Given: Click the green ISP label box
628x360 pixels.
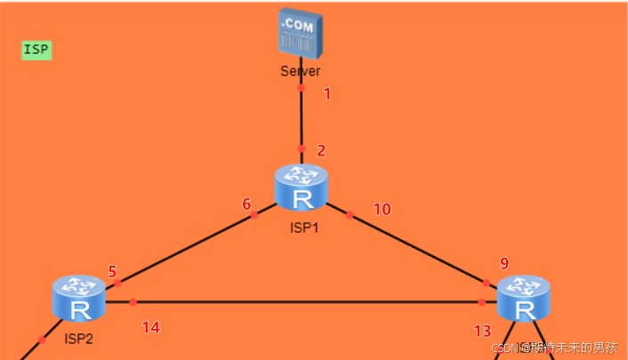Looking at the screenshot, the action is [x=36, y=50].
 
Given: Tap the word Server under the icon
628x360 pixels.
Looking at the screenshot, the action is [x=300, y=71].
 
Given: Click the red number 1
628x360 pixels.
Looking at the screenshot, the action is [x=326, y=93].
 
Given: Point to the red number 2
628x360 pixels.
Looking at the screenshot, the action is [x=321, y=151].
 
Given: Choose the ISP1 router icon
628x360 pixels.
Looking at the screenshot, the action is [x=302, y=187].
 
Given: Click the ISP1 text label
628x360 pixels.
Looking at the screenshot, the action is [x=303, y=228].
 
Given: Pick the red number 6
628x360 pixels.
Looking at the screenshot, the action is [x=246, y=204].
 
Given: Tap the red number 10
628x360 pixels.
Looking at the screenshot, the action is [x=382, y=210].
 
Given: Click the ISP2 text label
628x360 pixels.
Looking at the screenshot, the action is [x=78, y=338].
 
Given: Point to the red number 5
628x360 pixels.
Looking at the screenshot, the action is [x=112, y=271].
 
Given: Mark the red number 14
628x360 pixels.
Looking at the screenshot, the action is [x=151, y=328].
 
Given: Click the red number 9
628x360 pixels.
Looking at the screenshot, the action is [x=504, y=263].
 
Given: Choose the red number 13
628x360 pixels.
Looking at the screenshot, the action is [x=482, y=331].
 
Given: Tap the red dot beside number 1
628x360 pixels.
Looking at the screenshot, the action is [x=301, y=88].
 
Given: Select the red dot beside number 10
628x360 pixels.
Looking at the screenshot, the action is [x=350, y=214].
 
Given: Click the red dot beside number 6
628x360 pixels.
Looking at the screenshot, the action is [x=254, y=214].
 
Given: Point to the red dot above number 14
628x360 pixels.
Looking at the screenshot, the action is [x=133, y=302].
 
